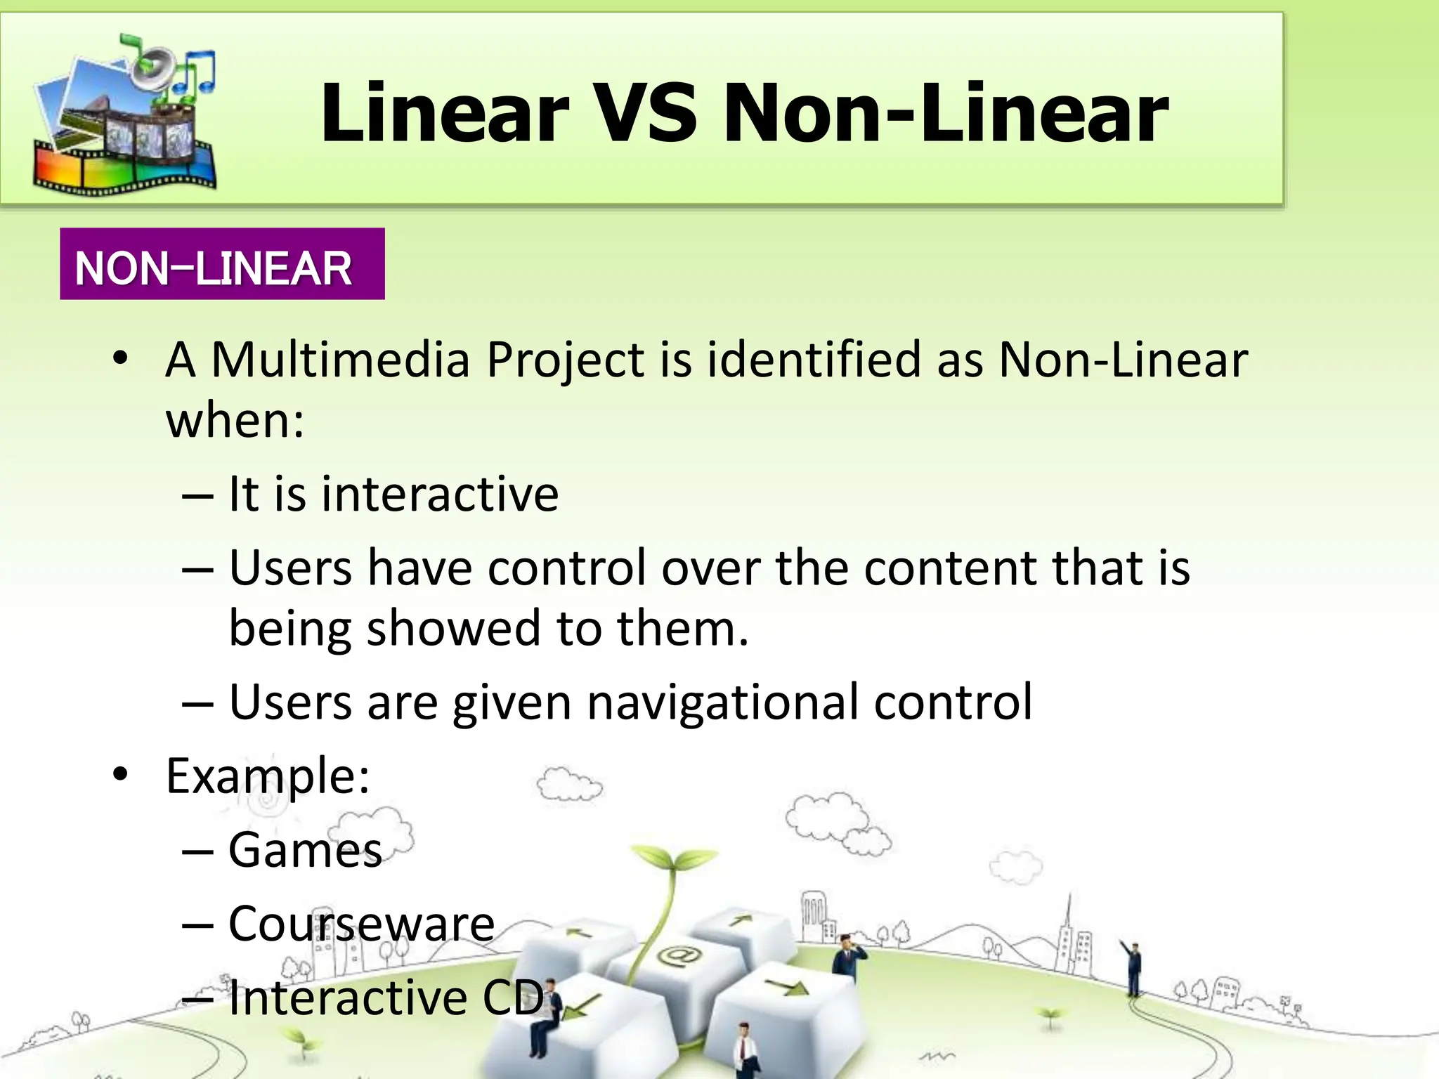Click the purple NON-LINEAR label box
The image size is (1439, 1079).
222,264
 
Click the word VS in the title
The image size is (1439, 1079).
645,112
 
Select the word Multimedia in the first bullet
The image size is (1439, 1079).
340,360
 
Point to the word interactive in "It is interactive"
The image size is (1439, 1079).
440,494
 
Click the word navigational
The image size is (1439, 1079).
722,702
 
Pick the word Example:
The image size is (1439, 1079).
268,776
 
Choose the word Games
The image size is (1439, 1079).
305,850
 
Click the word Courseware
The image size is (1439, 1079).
361,924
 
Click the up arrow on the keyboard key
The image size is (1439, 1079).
739,920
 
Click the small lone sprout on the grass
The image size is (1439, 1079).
1050,1016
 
